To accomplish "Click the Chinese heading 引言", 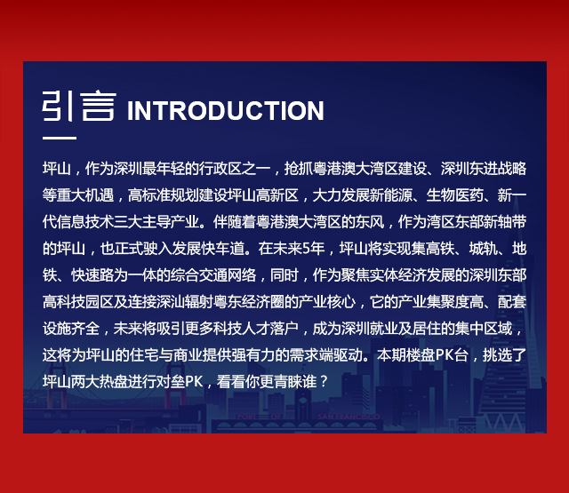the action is tap(79, 107).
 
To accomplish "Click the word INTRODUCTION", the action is tap(225, 111).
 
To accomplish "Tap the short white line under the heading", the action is tap(60, 138).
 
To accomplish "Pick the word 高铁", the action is tap(441, 249).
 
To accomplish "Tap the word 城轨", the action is tap(484, 249).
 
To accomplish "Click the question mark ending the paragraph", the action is tap(324, 382).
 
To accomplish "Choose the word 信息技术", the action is tap(85, 222).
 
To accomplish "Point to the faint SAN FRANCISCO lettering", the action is tap(349, 417).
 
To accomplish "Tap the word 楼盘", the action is tap(421, 355).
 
